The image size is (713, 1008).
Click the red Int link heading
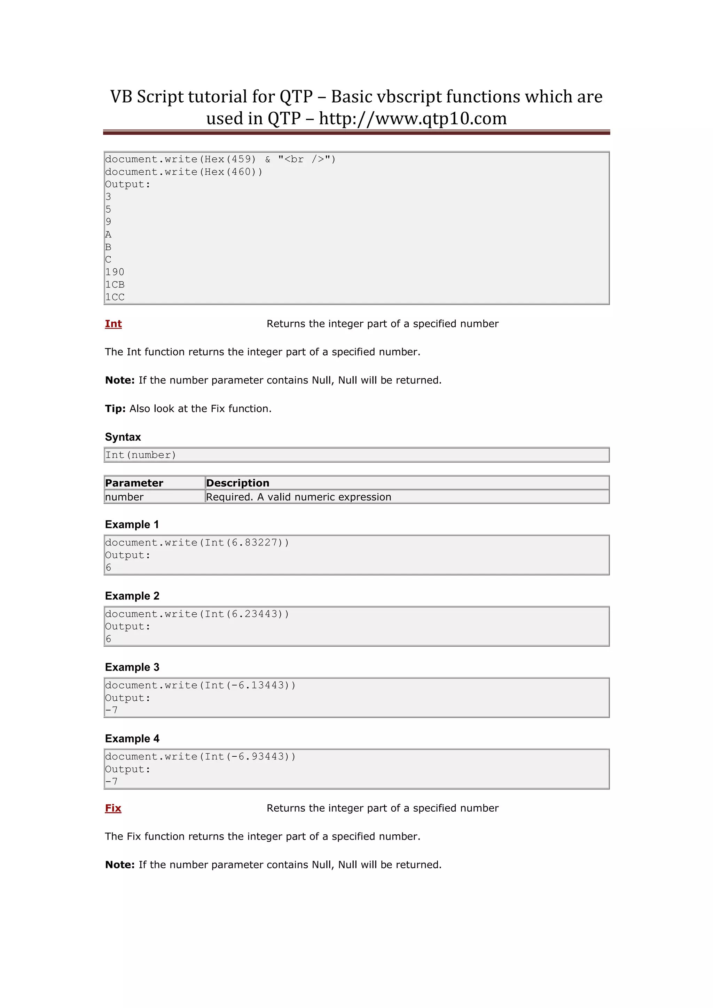(x=113, y=324)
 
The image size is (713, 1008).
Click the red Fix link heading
(x=113, y=808)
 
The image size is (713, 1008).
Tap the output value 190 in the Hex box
(x=115, y=272)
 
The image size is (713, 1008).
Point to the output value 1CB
(x=115, y=284)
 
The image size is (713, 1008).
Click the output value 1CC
(x=115, y=297)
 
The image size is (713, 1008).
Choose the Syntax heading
(x=123, y=437)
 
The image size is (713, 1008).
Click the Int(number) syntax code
(x=141, y=455)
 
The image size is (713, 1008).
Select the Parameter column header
(x=134, y=483)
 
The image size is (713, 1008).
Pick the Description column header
(x=237, y=483)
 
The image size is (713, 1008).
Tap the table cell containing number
(x=124, y=497)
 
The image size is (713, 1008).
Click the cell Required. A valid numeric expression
(x=299, y=497)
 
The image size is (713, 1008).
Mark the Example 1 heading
(x=132, y=525)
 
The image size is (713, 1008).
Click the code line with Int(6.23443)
(x=197, y=614)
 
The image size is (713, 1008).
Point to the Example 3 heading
(x=132, y=667)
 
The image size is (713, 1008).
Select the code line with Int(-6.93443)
(x=200, y=756)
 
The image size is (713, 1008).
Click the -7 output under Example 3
(x=111, y=710)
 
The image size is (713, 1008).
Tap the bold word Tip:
(x=115, y=409)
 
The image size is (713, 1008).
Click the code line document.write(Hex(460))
(x=183, y=172)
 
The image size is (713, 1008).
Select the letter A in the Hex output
(x=108, y=235)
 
